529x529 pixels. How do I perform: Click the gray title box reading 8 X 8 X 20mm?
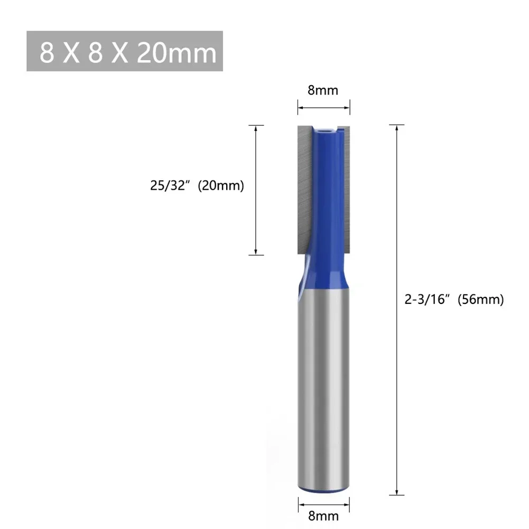point(125,52)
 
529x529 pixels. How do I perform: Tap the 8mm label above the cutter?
point(322,90)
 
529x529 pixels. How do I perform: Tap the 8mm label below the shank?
point(322,514)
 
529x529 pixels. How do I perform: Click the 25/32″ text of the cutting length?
point(169,186)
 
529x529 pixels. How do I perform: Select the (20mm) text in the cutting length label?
point(220,186)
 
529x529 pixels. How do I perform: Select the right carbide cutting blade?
point(344,185)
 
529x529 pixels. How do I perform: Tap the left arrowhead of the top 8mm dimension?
point(300,109)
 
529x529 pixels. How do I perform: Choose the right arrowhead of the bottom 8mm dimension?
point(346,499)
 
